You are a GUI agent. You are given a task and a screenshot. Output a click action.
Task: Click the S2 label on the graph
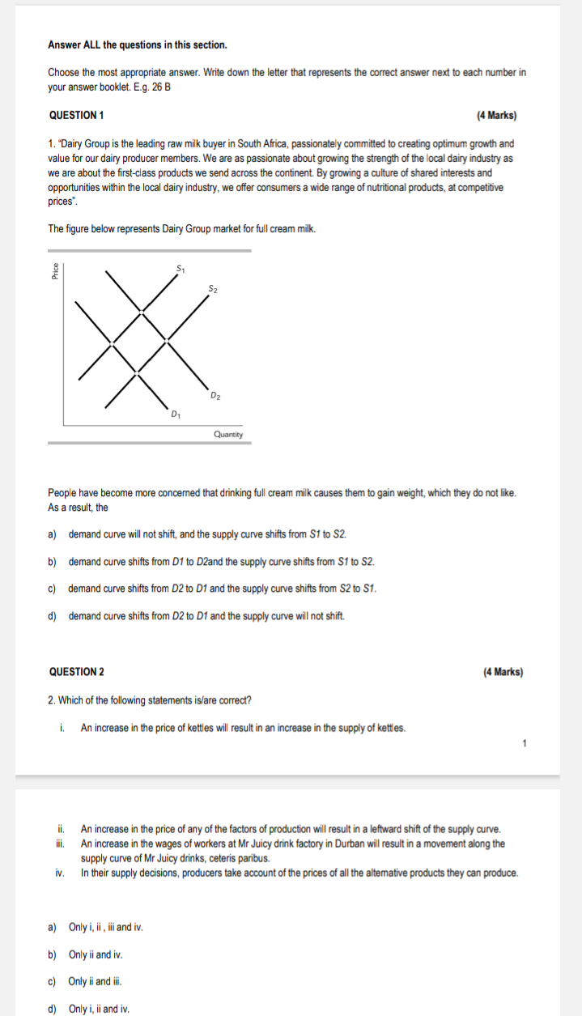point(212,288)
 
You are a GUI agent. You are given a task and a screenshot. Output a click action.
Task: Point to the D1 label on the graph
point(176,415)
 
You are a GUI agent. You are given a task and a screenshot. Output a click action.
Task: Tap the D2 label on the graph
point(215,395)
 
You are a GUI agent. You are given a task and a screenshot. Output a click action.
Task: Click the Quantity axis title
point(228,435)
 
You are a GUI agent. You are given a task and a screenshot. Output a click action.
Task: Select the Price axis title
point(55,273)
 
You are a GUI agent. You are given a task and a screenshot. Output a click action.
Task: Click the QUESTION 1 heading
point(76,115)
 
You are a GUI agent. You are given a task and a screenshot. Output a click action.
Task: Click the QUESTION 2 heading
point(76,672)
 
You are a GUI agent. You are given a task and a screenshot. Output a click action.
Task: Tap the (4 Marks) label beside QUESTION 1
point(496,115)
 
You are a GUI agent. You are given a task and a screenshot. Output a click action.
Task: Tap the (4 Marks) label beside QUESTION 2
point(502,672)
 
